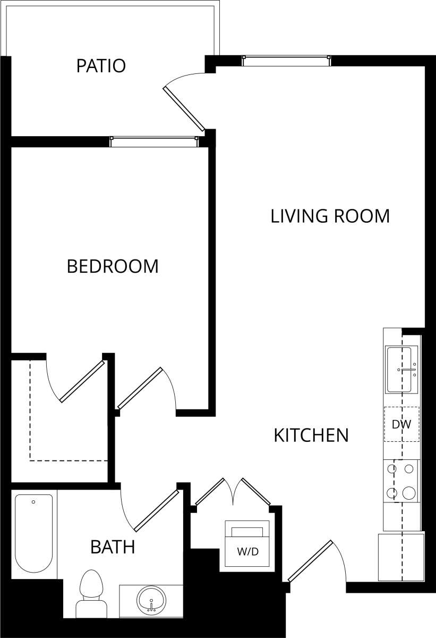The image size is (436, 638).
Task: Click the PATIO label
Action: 101,66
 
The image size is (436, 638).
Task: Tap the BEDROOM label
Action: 113,266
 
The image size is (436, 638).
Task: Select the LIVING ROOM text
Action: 330,216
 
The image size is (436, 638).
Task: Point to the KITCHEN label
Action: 311,435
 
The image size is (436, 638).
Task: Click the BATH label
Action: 113,547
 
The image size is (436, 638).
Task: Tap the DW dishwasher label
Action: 401,425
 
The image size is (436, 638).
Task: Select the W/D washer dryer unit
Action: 247,543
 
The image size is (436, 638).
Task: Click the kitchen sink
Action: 402,370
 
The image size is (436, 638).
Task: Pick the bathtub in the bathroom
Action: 33,533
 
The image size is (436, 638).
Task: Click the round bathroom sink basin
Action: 151,601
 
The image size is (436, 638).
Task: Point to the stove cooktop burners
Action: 401,481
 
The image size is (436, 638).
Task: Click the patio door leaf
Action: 185,109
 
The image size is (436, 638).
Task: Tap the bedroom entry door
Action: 140,389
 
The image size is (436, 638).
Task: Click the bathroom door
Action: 156,510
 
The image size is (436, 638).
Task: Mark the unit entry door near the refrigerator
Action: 311,561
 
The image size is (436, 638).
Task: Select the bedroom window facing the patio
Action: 154,141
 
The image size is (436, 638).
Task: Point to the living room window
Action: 286,61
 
